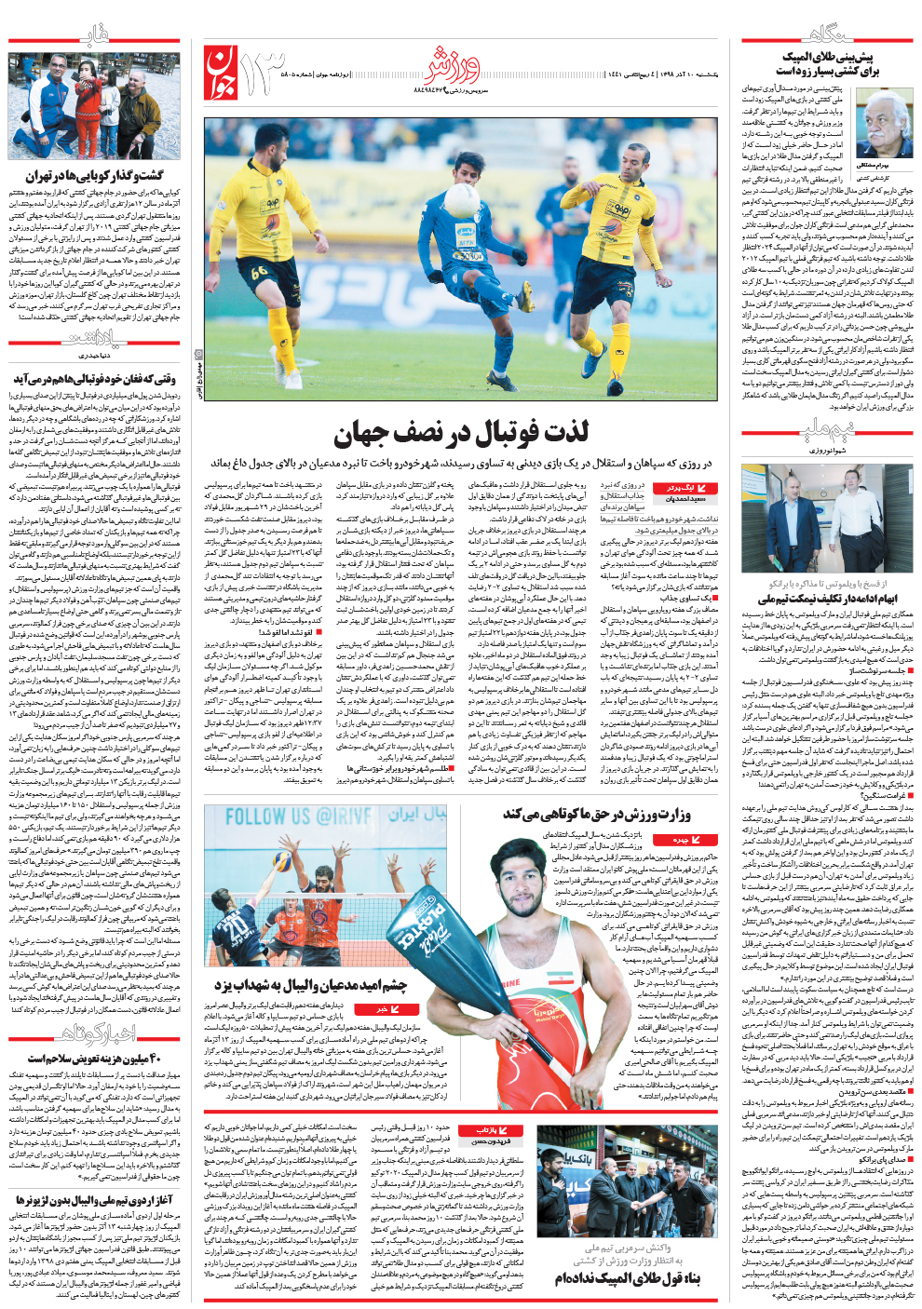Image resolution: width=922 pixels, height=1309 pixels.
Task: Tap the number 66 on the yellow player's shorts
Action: click(x=259, y=272)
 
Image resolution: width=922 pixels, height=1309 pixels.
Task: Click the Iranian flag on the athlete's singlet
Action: click(x=558, y=981)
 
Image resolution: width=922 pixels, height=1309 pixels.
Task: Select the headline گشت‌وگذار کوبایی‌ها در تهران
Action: click(x=94, y=175)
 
